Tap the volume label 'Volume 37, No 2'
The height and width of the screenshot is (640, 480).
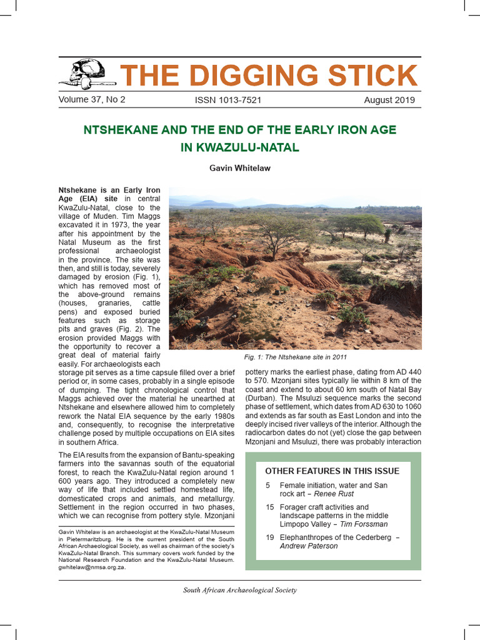(x=92, y=100)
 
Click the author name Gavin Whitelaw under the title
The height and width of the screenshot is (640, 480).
(x=240, y=167)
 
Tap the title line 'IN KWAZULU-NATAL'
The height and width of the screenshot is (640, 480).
(x=240, y=148)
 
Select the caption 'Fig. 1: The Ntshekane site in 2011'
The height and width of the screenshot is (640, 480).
(x=296, y=357)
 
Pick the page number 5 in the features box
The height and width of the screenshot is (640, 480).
(x=268, y=486)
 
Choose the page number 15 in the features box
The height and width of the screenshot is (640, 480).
(x=270, y=507)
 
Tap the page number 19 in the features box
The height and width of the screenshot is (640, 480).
(x=270, y=537)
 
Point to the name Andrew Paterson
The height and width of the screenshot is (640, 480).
(x=309, y=546)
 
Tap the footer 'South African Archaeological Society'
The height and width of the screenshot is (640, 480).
(x=240, y=590)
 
